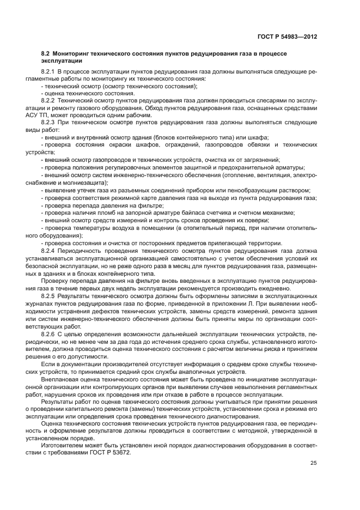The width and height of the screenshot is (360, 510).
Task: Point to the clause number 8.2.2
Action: point(49,101)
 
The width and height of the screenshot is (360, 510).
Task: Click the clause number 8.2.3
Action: point(49,123)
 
